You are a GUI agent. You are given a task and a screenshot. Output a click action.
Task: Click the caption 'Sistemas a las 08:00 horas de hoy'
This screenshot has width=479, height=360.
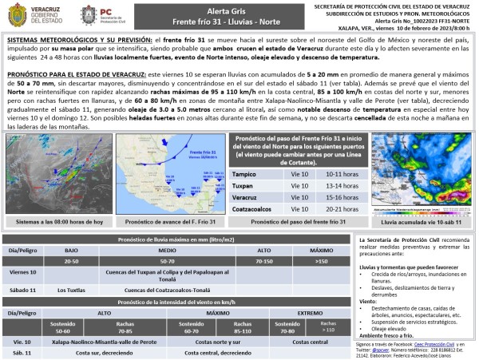coord(54,221)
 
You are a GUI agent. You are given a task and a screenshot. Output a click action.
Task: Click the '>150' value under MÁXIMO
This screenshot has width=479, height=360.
coord(321,260)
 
